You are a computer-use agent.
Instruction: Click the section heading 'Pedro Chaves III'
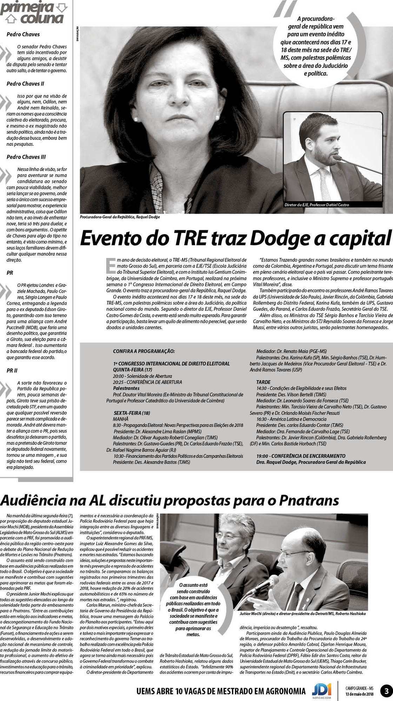click(26, 157)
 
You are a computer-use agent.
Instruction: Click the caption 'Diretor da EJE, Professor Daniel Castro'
click(317, 205)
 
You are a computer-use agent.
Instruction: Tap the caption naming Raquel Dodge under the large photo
click(120, 217)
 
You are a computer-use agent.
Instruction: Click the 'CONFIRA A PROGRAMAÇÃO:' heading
click(144, 351)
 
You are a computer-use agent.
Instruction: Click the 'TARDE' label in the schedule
click(263, 382)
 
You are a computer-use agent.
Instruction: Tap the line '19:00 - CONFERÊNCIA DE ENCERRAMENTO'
click(301, 456)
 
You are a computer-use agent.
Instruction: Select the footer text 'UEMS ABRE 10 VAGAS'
click(175, 691)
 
